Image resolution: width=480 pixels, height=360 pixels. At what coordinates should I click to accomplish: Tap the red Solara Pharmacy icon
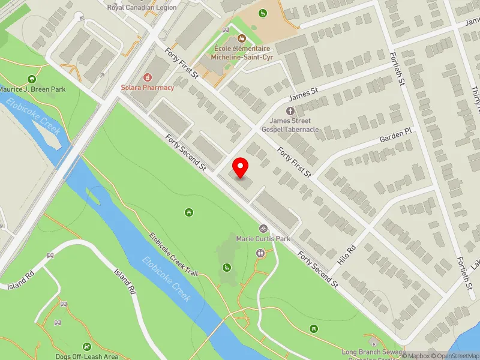click(x=147, y=77)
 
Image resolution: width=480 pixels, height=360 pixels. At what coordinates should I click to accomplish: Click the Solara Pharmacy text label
click(x=147, y=88)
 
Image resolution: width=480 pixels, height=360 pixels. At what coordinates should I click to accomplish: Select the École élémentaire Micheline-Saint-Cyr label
click(x=241, y=53)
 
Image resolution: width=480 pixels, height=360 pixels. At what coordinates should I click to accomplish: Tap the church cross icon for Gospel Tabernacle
click(x=290, y=111)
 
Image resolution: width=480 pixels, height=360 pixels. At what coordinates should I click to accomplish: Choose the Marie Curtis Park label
click(x=263, y=238)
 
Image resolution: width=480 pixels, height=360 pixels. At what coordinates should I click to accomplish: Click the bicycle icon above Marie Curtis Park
click(x=263, y=228)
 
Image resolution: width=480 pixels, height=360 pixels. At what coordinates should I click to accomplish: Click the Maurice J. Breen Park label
click(x=31, y=89)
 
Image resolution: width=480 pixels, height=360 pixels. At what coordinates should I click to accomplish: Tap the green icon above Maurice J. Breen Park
click(x=31, y=79)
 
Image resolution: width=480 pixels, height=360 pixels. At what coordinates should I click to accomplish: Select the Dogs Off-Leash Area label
click(x=87, y=356)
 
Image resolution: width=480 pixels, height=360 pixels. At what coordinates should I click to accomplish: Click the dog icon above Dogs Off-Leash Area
click(x=87, y=346)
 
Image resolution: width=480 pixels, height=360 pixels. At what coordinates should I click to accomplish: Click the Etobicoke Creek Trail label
click(x=173, y=255)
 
